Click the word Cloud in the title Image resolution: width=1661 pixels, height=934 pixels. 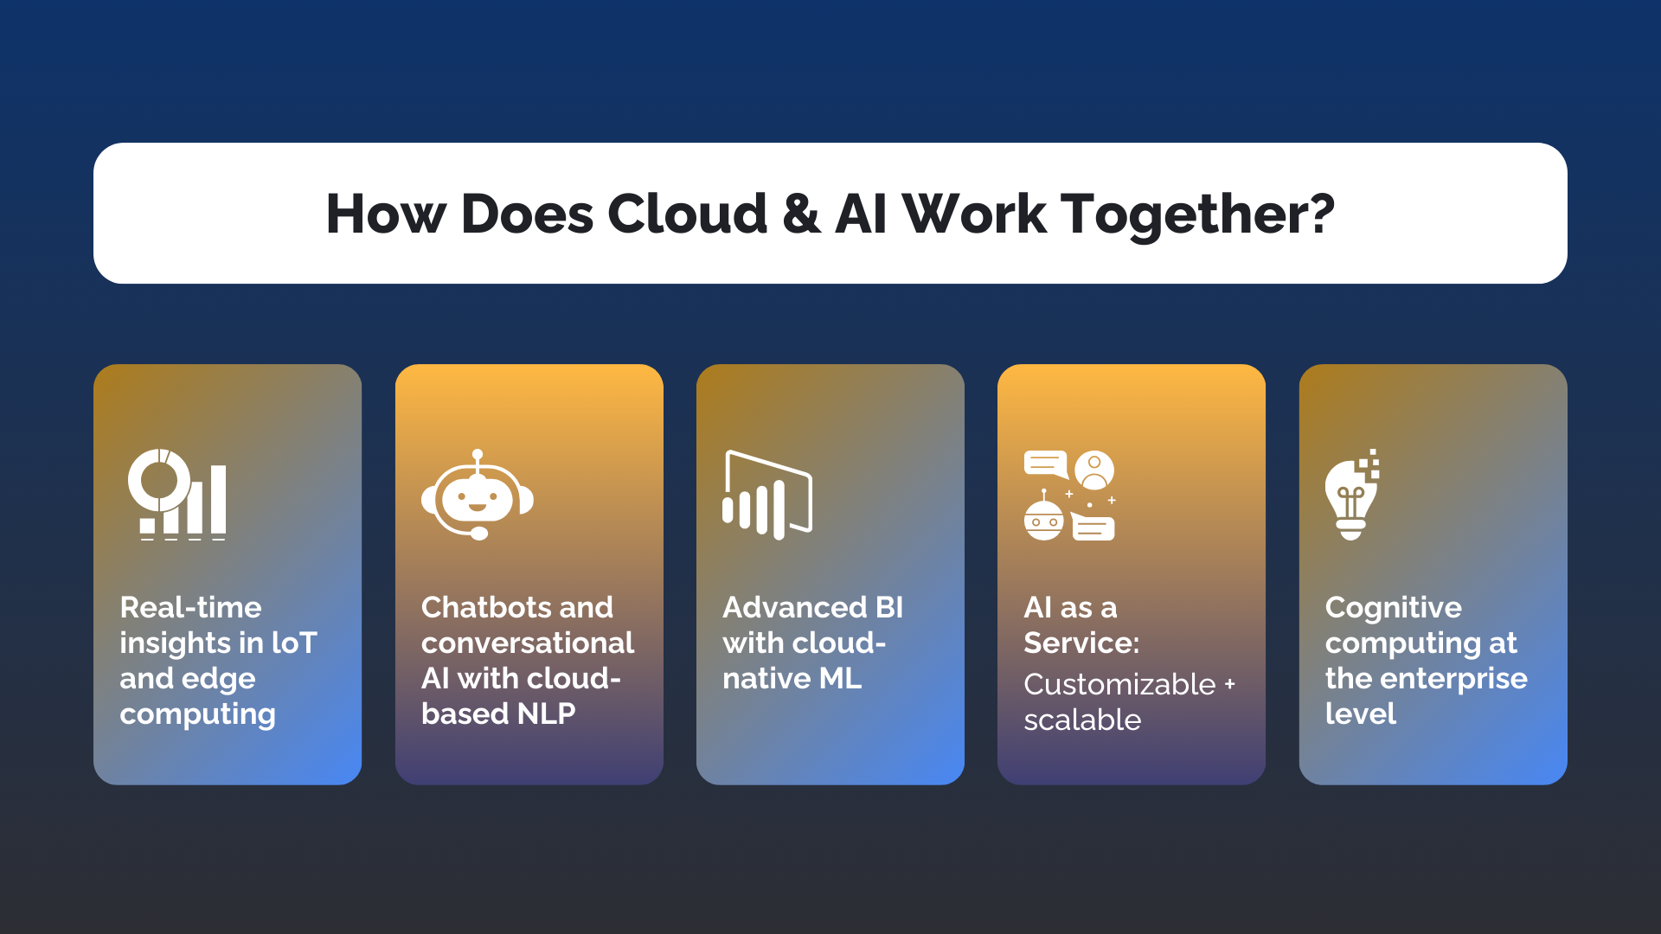[687, 214]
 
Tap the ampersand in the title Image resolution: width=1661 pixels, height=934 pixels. [801, 214]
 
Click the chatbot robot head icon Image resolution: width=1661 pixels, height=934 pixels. [477, 496]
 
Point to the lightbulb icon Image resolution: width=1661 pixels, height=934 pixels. [1350, 497]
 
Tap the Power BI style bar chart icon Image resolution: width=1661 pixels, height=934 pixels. [766, 496]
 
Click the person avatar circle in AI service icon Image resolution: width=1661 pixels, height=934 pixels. [1094, 470]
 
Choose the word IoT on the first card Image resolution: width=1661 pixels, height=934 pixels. [294, 643]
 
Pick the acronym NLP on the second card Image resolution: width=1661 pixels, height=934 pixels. [546, 713]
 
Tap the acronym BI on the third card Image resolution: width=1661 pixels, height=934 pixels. [888, 607]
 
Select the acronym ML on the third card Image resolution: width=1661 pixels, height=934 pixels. [840, 678]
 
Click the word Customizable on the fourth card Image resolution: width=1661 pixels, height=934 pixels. [1119, 684]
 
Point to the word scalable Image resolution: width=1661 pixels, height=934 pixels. [1082, 720]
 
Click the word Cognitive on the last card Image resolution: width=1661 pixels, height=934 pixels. [1393, 607]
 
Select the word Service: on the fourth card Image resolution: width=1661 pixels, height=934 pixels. [1081, 643]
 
